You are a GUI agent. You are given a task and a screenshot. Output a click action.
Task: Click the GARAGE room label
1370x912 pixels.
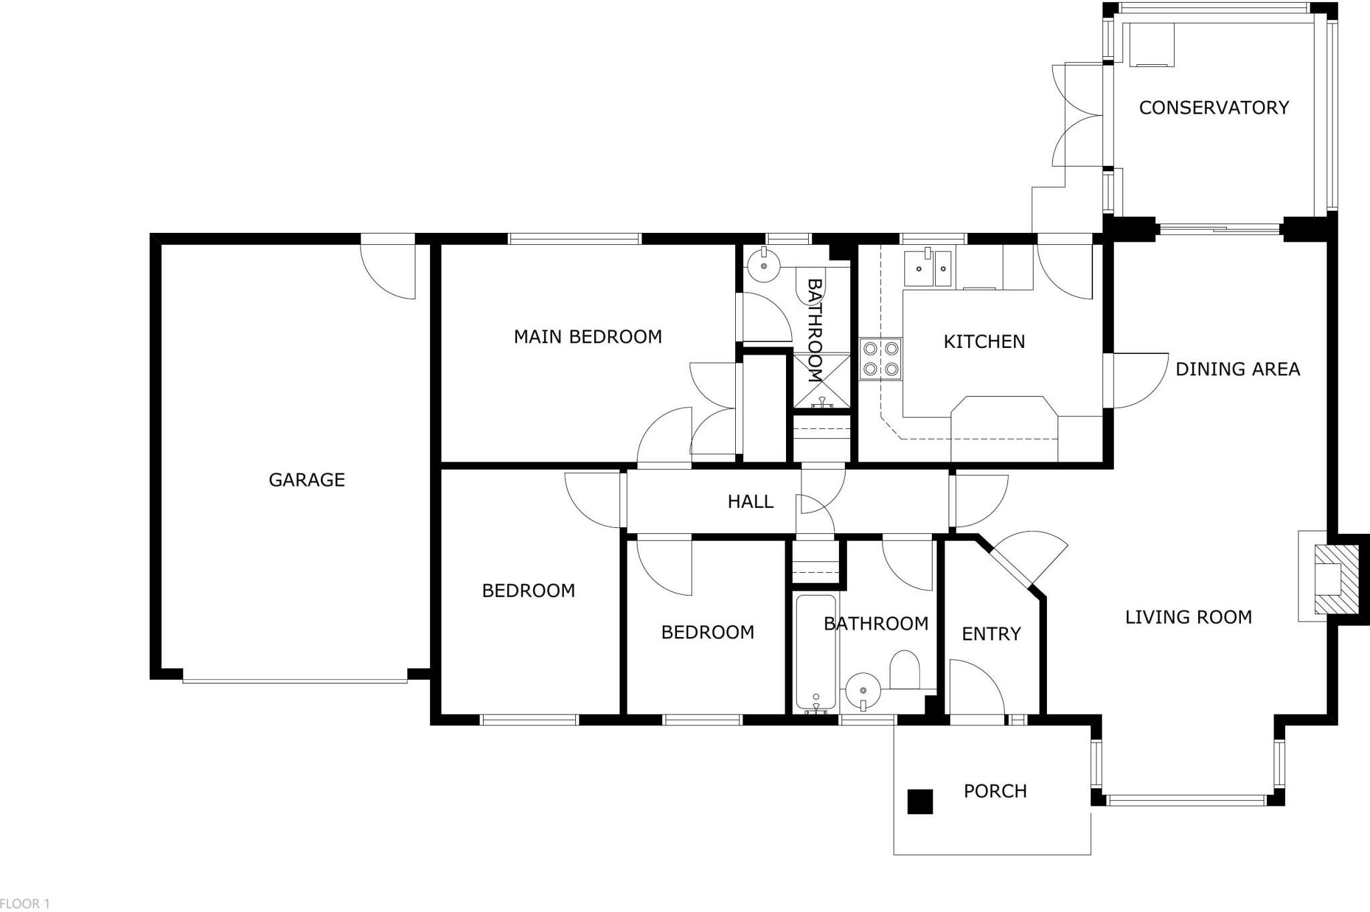306,480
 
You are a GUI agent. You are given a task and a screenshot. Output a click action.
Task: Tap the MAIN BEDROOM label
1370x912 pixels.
587,337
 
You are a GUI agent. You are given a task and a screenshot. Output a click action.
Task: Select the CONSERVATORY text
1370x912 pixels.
1213,108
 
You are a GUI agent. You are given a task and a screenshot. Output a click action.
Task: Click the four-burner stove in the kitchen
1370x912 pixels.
881,358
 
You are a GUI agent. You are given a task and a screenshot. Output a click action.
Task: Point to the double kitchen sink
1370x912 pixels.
929,268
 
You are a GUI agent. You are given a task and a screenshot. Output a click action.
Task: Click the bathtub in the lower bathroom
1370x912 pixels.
815,653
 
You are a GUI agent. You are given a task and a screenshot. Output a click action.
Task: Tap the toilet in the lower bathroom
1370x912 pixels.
904,669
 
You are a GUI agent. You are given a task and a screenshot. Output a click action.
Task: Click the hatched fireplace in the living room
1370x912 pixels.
1336,579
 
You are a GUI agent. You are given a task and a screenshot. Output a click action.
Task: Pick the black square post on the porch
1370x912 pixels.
920,802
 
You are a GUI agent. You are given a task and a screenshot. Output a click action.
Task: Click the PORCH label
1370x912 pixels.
995,791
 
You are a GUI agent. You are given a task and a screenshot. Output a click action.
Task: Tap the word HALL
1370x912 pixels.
750,501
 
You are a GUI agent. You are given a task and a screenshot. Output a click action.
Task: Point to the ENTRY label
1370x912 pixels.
991,634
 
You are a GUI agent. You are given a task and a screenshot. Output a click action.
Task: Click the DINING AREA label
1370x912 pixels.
1238,369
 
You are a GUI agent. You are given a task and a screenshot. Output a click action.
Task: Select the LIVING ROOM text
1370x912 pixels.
1188,617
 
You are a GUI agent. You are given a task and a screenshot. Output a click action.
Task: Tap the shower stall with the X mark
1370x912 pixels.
821,381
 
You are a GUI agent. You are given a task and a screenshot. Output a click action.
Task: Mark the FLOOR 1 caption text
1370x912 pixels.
25,904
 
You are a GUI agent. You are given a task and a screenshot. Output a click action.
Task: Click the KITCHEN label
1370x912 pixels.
984,342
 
